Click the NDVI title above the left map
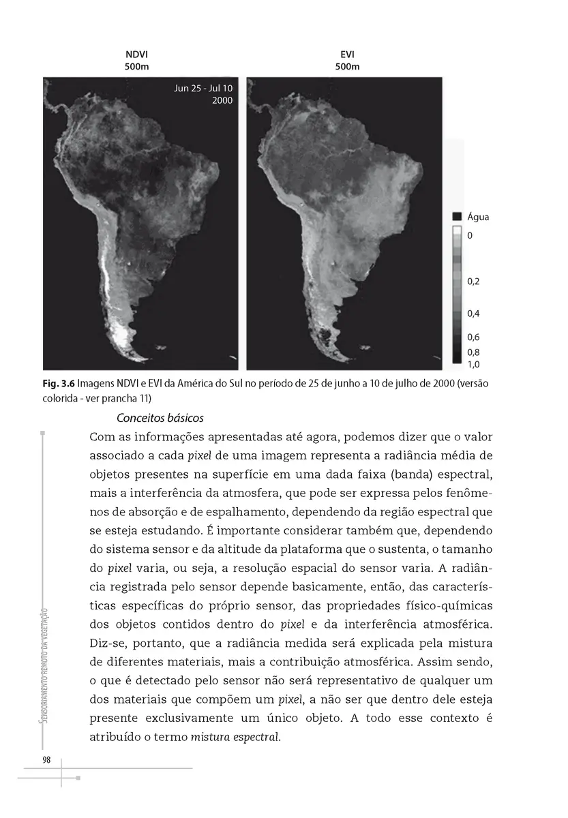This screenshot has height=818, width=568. click(x=136, y=54)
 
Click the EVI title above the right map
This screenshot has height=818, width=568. click(x=347, y=54)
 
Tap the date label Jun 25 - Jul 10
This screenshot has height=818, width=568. click(x=203, y=89)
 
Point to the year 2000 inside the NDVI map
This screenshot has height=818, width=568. click(x=222, y=100)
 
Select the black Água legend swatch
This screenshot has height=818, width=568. click(x=458, y=217)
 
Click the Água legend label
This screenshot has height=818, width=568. click(x=479, y=217)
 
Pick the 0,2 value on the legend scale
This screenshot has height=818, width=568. click(x=475, y=281)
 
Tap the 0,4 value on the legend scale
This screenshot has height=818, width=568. click(x=475, y=314)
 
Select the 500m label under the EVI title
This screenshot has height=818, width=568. click(x=347, y=67)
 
